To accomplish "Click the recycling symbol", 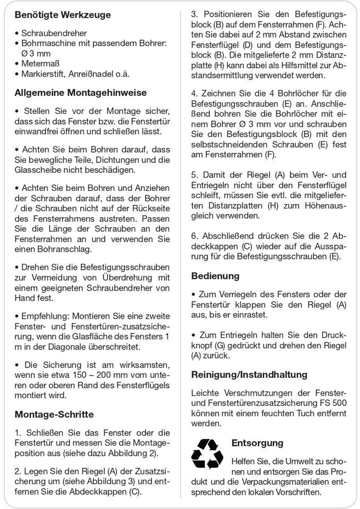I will [207, 454].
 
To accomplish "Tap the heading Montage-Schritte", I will [54, 414].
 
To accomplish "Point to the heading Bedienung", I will [215, 275].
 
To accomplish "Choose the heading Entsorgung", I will [257, 443].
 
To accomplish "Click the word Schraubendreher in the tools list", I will [54, 33].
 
